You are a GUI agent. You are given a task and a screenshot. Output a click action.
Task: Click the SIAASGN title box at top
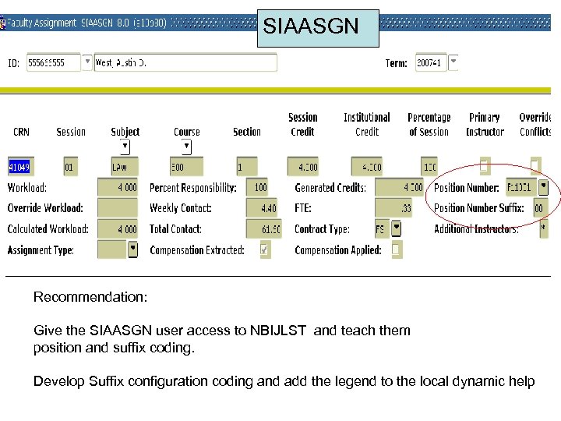coord(317,28)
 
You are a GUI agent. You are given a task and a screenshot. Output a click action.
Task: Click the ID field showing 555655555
coord(53,62)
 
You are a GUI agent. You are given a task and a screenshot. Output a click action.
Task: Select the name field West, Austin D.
coord(185,62)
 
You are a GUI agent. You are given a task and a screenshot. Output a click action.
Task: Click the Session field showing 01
coord(71,167)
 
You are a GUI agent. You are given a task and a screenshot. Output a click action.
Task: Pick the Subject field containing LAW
coord(125,167)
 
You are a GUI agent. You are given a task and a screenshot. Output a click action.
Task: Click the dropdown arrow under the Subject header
coord(125,147)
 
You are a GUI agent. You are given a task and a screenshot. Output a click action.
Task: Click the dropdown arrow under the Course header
coord(186,147)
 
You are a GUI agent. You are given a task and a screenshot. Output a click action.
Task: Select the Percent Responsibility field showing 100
coord(257,187)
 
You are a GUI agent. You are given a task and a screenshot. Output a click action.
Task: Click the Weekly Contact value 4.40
coord(262,208)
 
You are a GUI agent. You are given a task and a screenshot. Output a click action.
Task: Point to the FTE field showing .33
coord(400,208)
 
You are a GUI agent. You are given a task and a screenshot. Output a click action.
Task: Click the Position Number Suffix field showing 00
coord(538,208)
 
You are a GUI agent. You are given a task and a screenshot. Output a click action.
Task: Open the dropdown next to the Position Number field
coord(543,187)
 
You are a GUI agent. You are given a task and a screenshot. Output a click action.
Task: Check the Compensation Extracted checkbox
coord(265,249)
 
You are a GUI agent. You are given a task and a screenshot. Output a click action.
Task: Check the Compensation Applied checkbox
coord(396,249)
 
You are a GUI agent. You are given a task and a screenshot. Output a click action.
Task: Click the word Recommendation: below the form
coord(90,297)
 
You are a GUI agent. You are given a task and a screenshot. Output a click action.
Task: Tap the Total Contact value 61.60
coord(264,229)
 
